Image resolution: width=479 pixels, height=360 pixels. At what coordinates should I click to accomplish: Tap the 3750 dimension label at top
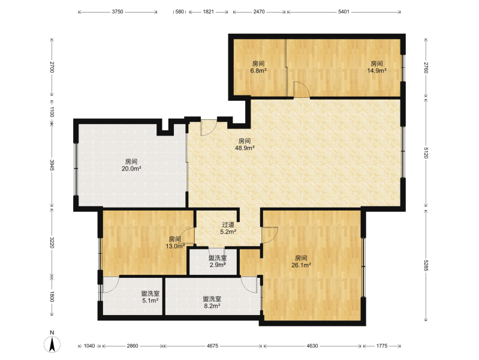(x=118, y=12)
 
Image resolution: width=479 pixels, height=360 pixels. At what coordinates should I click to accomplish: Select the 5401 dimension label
(x=344, y=12)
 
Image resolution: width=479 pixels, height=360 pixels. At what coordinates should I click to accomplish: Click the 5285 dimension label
(x=426, y=265)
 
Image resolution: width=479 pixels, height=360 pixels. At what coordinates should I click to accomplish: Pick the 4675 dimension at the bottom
(x=213, y=346)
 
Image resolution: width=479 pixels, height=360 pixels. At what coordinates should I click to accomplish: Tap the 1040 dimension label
(x=89, y=346)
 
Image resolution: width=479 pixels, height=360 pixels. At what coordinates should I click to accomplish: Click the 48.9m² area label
(x=245, y=148)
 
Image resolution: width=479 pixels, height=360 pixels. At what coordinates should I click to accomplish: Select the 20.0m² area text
(x=131, y=169)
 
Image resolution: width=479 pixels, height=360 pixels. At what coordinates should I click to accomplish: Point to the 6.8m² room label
(x=258, y=71)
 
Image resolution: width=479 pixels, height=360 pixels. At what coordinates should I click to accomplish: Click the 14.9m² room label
(x=376, y=71)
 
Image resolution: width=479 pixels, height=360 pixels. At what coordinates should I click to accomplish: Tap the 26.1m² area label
(x=301, y=265)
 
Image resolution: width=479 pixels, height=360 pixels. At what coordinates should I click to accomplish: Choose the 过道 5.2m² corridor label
(x=228, y=228)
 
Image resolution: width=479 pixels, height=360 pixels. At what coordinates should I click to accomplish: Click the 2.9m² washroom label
(x=218, y=265)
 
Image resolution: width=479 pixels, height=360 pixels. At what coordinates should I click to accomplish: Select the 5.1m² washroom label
(x=150, y=301)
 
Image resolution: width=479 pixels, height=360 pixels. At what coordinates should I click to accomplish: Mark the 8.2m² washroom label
(x=212, y=306)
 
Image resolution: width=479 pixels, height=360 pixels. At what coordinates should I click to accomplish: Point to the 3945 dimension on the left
(x=52, y=165)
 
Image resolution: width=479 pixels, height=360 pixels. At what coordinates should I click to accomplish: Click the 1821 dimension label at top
(x=209, y=12)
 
